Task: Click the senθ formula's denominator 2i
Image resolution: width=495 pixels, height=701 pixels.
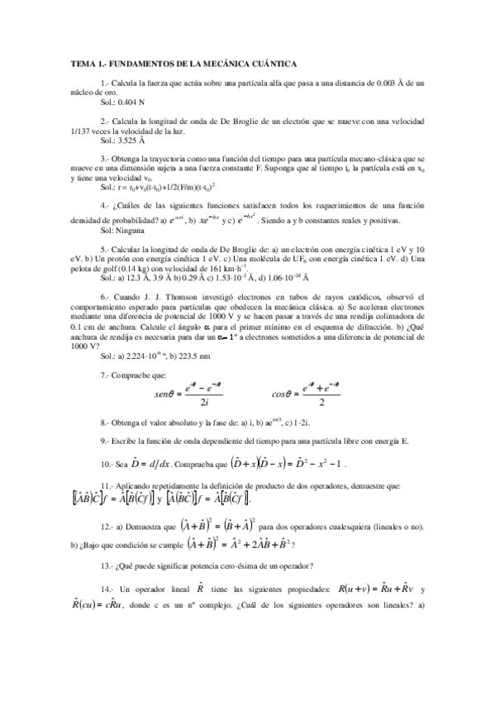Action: (x=203, y=402)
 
